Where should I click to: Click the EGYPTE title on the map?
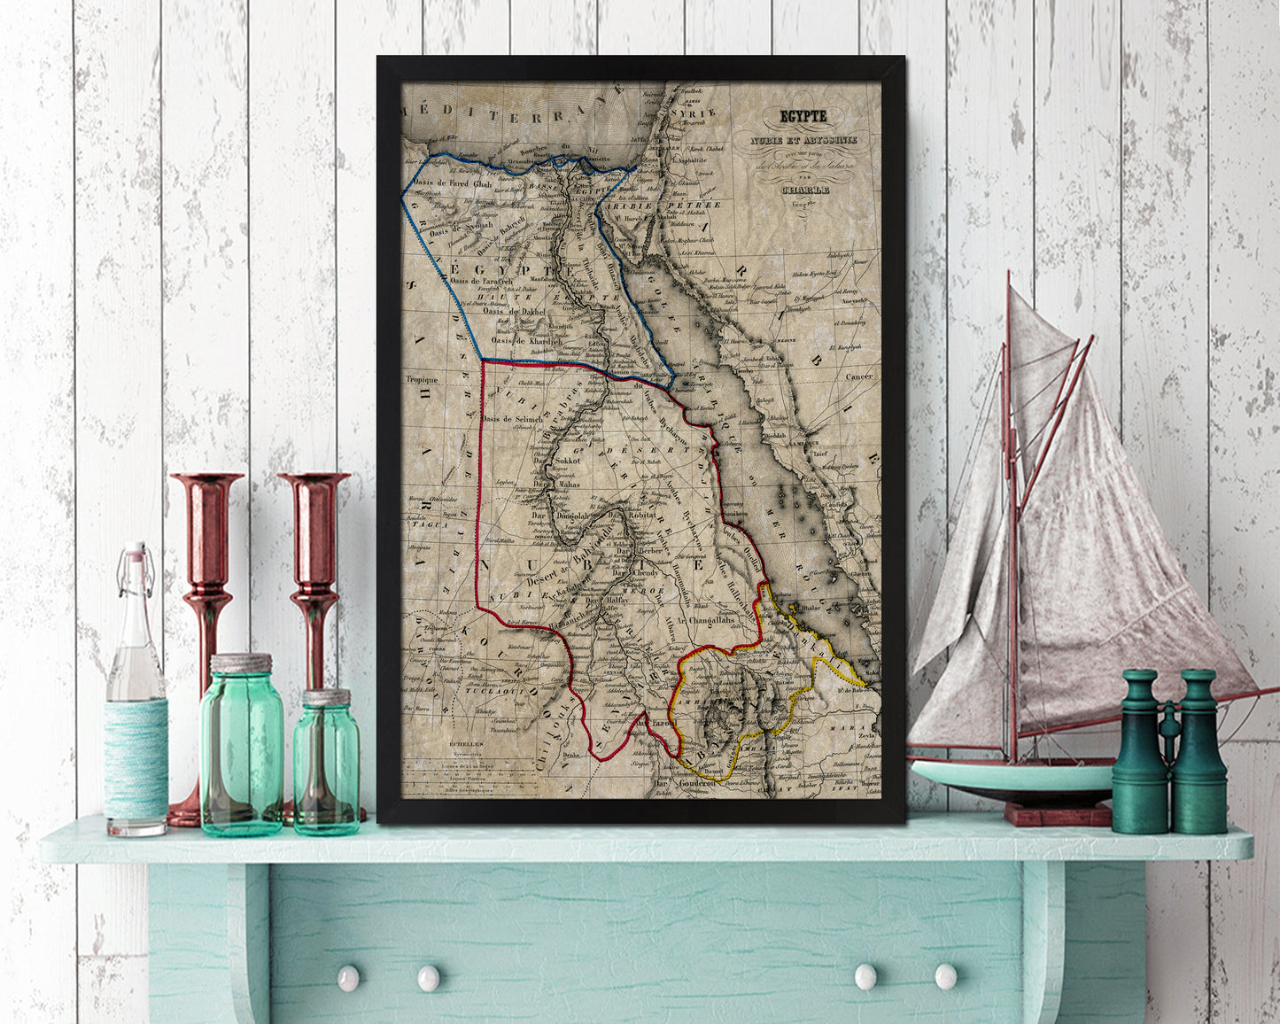click(803, 116)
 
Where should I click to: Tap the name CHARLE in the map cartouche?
click(804, 189)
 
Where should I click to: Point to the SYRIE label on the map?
click(698, 112)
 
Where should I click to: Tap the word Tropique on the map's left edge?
click(422, 379)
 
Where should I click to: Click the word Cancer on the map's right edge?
click(858, 376)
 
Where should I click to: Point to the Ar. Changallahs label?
click(712, 621)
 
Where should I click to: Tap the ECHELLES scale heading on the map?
click(466, 744)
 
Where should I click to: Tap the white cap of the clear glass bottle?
click(135, 550)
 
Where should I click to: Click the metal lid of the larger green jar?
click(241, 663)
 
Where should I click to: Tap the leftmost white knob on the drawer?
click(348, 977)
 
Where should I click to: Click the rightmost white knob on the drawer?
click(946, 976)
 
